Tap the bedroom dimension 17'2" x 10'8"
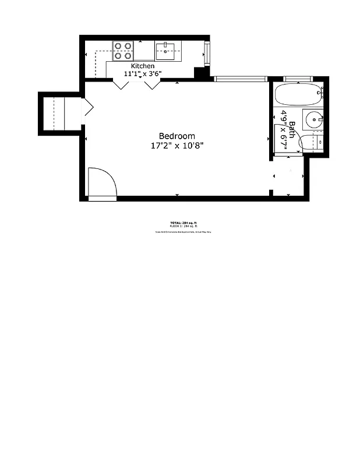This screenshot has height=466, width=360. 177,146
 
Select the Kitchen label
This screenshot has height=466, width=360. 143,66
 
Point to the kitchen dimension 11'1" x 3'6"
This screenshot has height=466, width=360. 143,74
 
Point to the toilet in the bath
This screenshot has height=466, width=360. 312,142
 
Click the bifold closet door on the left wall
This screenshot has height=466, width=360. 88,107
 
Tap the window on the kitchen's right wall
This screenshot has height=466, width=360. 206,54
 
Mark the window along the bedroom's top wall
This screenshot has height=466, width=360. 239,79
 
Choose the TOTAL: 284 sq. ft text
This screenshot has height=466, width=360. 183,223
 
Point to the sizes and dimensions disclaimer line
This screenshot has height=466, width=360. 183,231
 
